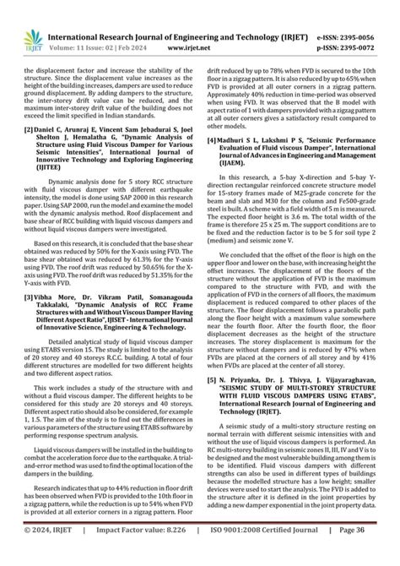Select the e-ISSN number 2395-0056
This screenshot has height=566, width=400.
367,16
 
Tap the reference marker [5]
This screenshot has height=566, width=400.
214,381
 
